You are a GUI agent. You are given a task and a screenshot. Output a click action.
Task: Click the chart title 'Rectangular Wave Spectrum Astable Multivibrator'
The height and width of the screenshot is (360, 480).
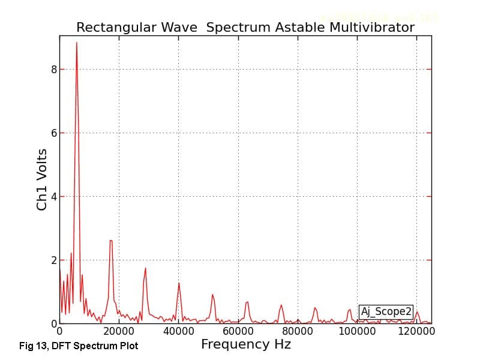[x=245, y=28]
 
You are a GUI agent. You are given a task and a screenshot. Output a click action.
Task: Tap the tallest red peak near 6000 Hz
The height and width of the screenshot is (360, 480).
[x=76, y=43]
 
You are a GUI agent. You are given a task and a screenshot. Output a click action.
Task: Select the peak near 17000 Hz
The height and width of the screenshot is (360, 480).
[x=111, y=241]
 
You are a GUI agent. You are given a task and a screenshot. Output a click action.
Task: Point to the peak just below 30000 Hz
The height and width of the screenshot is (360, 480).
[x=145, y=268]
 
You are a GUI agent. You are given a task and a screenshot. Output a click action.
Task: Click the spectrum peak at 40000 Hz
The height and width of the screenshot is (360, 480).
[x=179, y=283]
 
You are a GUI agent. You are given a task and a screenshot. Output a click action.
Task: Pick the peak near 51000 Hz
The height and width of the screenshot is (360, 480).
[x=212, y=295]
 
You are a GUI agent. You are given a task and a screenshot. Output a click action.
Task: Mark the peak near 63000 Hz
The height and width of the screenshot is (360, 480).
[x=247, y=302]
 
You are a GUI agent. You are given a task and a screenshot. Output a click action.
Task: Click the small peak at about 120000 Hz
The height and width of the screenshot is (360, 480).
[x=417, y=311]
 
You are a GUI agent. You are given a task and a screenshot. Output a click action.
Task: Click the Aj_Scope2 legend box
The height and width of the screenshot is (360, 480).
[x=386, y=311]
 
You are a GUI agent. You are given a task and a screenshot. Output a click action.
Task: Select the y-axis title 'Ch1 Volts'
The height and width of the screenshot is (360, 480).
[x=42, y=179]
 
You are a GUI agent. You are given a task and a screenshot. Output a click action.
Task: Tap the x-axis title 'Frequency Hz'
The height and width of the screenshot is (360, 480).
[x=246, y=344]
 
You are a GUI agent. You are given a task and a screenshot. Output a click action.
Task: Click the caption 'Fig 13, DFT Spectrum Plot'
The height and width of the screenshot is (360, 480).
[x=79, y=346]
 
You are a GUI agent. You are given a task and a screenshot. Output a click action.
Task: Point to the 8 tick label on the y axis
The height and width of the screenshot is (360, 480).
[x=53, y=70]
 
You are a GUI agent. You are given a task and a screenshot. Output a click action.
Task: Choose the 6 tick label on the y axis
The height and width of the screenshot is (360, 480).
[x=53, y=133]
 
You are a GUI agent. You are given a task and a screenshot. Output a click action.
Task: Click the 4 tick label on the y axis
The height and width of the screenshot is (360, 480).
[x=53, y=197]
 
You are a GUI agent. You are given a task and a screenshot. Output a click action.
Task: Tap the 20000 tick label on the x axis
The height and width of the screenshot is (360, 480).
[x=119, y=331]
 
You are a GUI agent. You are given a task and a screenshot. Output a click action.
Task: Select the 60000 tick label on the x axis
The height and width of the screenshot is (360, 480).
[x=238, y=331]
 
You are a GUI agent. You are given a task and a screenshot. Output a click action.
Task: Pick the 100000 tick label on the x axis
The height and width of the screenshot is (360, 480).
[x=358, y=331]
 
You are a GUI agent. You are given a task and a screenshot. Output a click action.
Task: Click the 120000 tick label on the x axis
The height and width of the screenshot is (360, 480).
[x=417, y=331]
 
